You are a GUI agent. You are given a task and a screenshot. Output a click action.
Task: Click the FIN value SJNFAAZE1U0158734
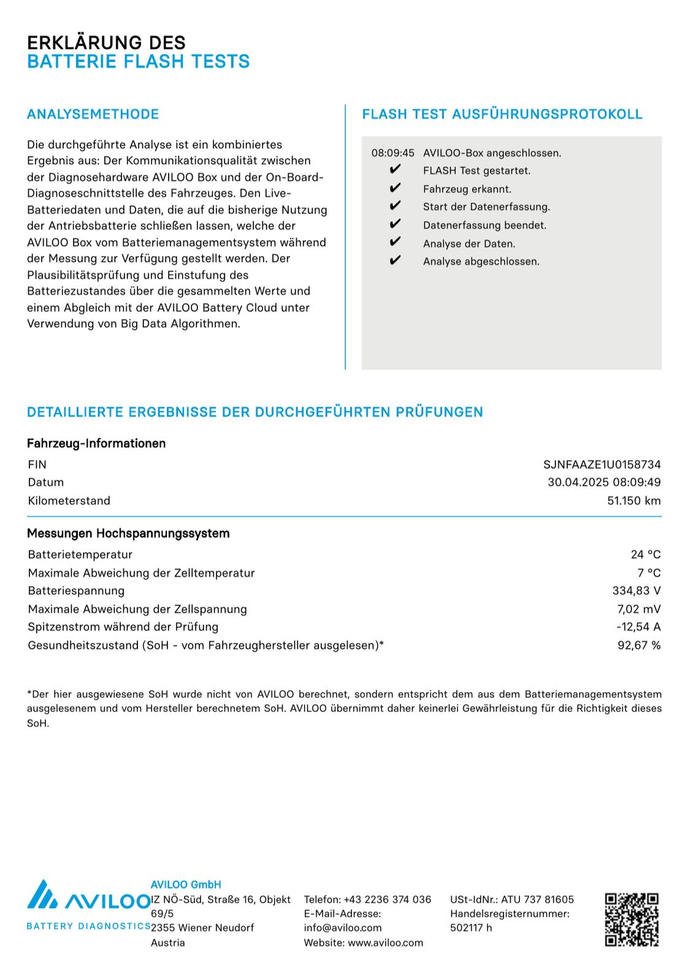click(x=602, y=464)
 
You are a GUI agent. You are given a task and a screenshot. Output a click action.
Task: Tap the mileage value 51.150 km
click(x=633, y=500)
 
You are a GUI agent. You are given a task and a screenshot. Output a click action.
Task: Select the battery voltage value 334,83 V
click(x=636, y=590)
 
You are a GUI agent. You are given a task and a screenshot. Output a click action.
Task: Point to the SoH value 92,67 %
click(x=638, y=645)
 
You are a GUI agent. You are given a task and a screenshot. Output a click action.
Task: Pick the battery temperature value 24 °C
click(x=645, y=554)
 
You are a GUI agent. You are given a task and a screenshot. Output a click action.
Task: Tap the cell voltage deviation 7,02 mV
click(x=638, y=609)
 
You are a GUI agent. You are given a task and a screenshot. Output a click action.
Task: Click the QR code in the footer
click(x=632, y=919)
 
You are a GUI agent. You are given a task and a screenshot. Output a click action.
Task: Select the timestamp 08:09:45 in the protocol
click(x=393, y=153)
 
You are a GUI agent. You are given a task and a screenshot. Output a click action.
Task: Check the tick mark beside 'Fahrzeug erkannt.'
click(x=395, y=188)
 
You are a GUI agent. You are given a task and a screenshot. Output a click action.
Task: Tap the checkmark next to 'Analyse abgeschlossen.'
click(x=395, y=261)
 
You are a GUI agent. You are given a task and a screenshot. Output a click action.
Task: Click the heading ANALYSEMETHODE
click(x=93, y=114)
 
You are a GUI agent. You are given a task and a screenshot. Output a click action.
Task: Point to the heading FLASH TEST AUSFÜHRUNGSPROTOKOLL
click(x=502, y=114)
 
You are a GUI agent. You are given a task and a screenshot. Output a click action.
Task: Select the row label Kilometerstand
click(x=69, y=500)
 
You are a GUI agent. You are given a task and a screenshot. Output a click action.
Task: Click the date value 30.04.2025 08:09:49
click(x=604, y=482)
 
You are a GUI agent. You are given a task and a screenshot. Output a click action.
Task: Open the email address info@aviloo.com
click(x=343, y=927)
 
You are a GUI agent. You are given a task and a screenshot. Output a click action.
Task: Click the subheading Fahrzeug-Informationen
click(x=96, y=443)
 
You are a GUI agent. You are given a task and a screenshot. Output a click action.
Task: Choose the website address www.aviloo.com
click(x=385, y=942)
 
